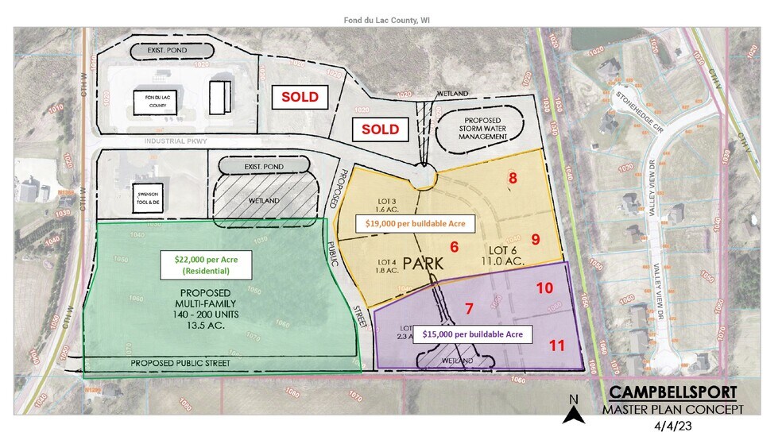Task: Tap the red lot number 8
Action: coord(513,178)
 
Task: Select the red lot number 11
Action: coord(557,345)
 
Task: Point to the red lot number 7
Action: coord(469,307)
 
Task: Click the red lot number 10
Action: coord(544,288)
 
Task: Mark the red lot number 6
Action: coord(455,247)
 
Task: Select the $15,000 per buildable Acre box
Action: coord(472,334)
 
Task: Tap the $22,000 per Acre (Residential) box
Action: coord(206,264)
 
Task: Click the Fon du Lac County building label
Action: coord(149,99)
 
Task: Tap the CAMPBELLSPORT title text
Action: coord(672,393)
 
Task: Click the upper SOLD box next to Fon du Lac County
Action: coord(300,97)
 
